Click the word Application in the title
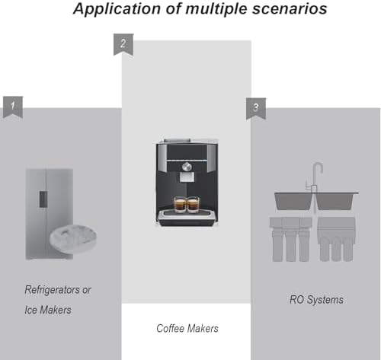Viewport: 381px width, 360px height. pos(117,9)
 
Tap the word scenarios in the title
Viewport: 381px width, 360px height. pos(290,8)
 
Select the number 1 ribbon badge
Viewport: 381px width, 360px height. pos(13,107)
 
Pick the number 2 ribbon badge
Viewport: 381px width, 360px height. pos(123,44)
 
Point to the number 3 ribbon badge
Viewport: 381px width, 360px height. pos(256,109)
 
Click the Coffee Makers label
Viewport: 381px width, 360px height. pos(187,328)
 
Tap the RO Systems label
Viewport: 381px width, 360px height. pos(316,300)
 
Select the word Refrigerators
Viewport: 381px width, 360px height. pos(52,290)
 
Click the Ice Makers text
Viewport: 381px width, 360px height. pos(48,310)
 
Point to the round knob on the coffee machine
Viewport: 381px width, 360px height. pos(187,167)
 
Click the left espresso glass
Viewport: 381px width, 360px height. pos(180,204)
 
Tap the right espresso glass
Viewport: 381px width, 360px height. pos(193,204)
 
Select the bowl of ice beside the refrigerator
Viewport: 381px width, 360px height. pos(73,238)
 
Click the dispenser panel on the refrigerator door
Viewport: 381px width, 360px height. pos(43,199)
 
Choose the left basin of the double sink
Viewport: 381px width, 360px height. pos(294,201)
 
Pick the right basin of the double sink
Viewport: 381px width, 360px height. pos(335,201)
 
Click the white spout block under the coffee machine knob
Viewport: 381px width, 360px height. pos(187,177)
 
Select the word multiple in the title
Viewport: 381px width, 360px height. pos(216,9)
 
